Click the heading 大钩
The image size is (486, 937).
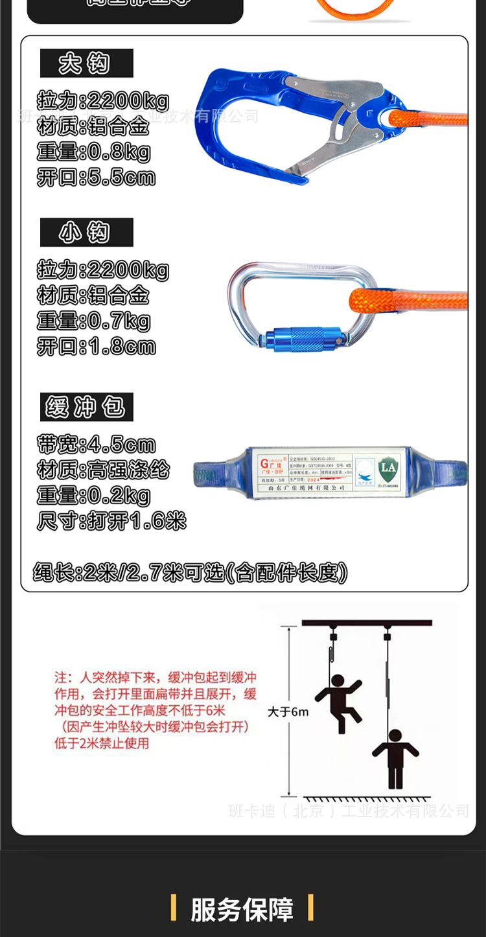point(86,64)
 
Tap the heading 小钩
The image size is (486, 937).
point(86,233)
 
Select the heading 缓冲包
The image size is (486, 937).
point(86,408)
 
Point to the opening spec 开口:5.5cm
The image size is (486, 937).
point(97,177)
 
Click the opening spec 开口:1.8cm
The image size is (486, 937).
point(97,346)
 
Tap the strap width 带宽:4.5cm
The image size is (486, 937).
point(97,445)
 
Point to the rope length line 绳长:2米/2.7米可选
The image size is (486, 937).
point(191,572)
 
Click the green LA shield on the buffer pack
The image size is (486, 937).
point(388,468)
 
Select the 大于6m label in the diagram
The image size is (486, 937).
point(288,711)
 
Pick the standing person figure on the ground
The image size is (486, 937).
point(395,758)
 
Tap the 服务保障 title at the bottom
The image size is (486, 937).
point(242,909)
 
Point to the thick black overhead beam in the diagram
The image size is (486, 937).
point(367,623)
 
